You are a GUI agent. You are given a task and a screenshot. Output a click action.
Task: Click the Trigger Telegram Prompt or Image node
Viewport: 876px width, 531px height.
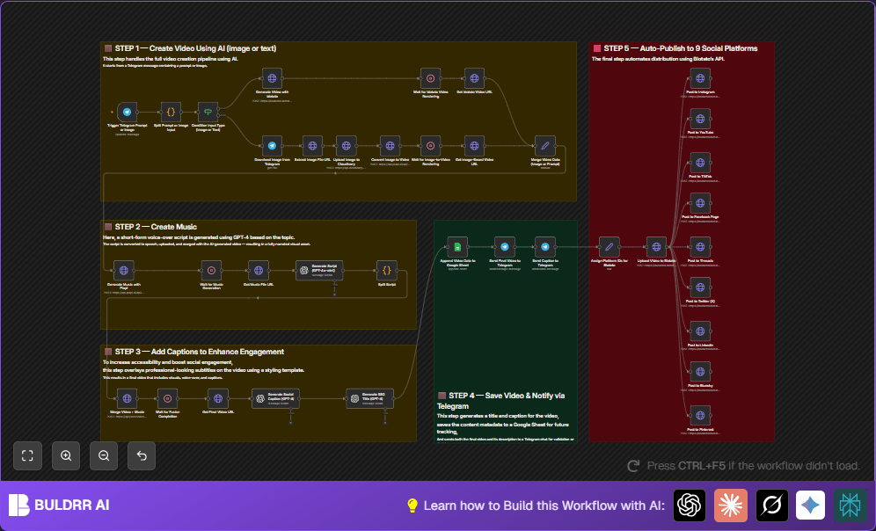[x=128, y=113]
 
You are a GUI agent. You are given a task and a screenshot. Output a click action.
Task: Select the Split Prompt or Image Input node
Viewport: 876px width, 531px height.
[x=171, y=113]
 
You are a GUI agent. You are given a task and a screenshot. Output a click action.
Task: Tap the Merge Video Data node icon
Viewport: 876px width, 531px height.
[x=545, y=145]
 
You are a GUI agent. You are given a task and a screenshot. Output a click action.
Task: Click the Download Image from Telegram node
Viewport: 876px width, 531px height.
[x=272, y=146]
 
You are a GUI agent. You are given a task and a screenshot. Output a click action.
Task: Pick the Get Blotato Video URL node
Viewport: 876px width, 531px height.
[x=472, y=78]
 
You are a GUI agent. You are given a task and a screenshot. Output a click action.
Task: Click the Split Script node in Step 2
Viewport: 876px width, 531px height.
[x=387, y=270]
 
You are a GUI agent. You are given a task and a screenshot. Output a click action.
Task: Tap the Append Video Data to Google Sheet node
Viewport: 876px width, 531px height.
[x=457, y=248]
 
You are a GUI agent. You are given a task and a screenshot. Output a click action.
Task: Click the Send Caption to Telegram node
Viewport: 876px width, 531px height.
[x=545, y=248]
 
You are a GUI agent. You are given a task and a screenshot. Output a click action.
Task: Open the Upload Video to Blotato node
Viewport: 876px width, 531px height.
[x=656, y=248]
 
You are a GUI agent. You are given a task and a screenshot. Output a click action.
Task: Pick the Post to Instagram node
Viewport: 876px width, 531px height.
[x=700, y=78]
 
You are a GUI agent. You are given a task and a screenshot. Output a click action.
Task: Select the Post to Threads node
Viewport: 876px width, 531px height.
[x=700, y=246]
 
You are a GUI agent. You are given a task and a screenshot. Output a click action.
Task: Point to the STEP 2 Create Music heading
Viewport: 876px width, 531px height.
[x=156, y=227]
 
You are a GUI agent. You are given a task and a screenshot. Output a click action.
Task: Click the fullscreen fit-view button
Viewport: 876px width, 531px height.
[x=27, y=455]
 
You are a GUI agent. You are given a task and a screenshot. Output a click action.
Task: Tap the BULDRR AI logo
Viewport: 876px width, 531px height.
[x=59, y=505]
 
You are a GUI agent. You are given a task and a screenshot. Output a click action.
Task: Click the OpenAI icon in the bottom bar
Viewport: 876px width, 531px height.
[x=690, y=505]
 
